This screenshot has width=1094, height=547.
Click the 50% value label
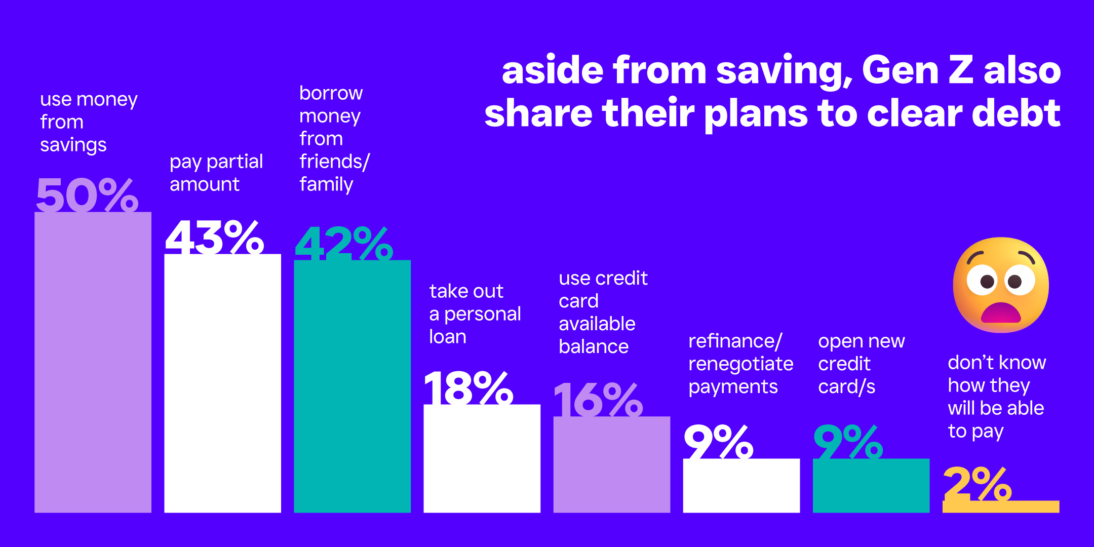click(x=87, y=194)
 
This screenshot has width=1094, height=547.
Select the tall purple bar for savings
click(x=93, y=362)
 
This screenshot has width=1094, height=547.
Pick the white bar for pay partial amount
click(x=222, y=383)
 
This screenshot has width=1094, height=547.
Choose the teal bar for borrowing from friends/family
click(x=352, y=386)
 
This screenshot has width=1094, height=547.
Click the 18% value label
click(x=468, y=387)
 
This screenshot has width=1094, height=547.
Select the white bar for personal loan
click(x=482, y=458)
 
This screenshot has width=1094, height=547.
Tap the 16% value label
click(x=598, y=400)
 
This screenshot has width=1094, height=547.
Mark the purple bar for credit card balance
click(x=611, y=464)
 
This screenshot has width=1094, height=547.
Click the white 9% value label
click(x=718, y=442)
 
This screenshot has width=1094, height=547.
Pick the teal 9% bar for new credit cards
click(x=871, y=486)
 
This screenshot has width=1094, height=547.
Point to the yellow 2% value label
click(x=978, y=484)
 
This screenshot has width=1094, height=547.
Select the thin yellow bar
click(x=1001, y=506)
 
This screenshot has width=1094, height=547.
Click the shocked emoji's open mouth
click(x=1001, y=312)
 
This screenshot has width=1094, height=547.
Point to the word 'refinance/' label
click(x=735, y=341)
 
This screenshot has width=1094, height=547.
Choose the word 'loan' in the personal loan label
click(x=448, y=337)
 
